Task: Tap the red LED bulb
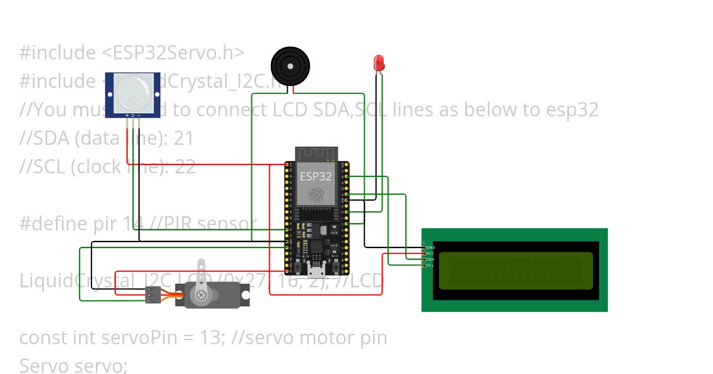[x=378, y=62]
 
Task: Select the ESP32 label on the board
[x=316, y=176]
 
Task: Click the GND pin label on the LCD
[x=431, y=247]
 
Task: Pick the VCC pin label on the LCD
[x=431, y=253]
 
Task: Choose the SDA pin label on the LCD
[x=431, y=259]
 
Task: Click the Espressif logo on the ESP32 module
[x=316, y=194]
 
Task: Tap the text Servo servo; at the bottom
[x=74, y=365]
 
